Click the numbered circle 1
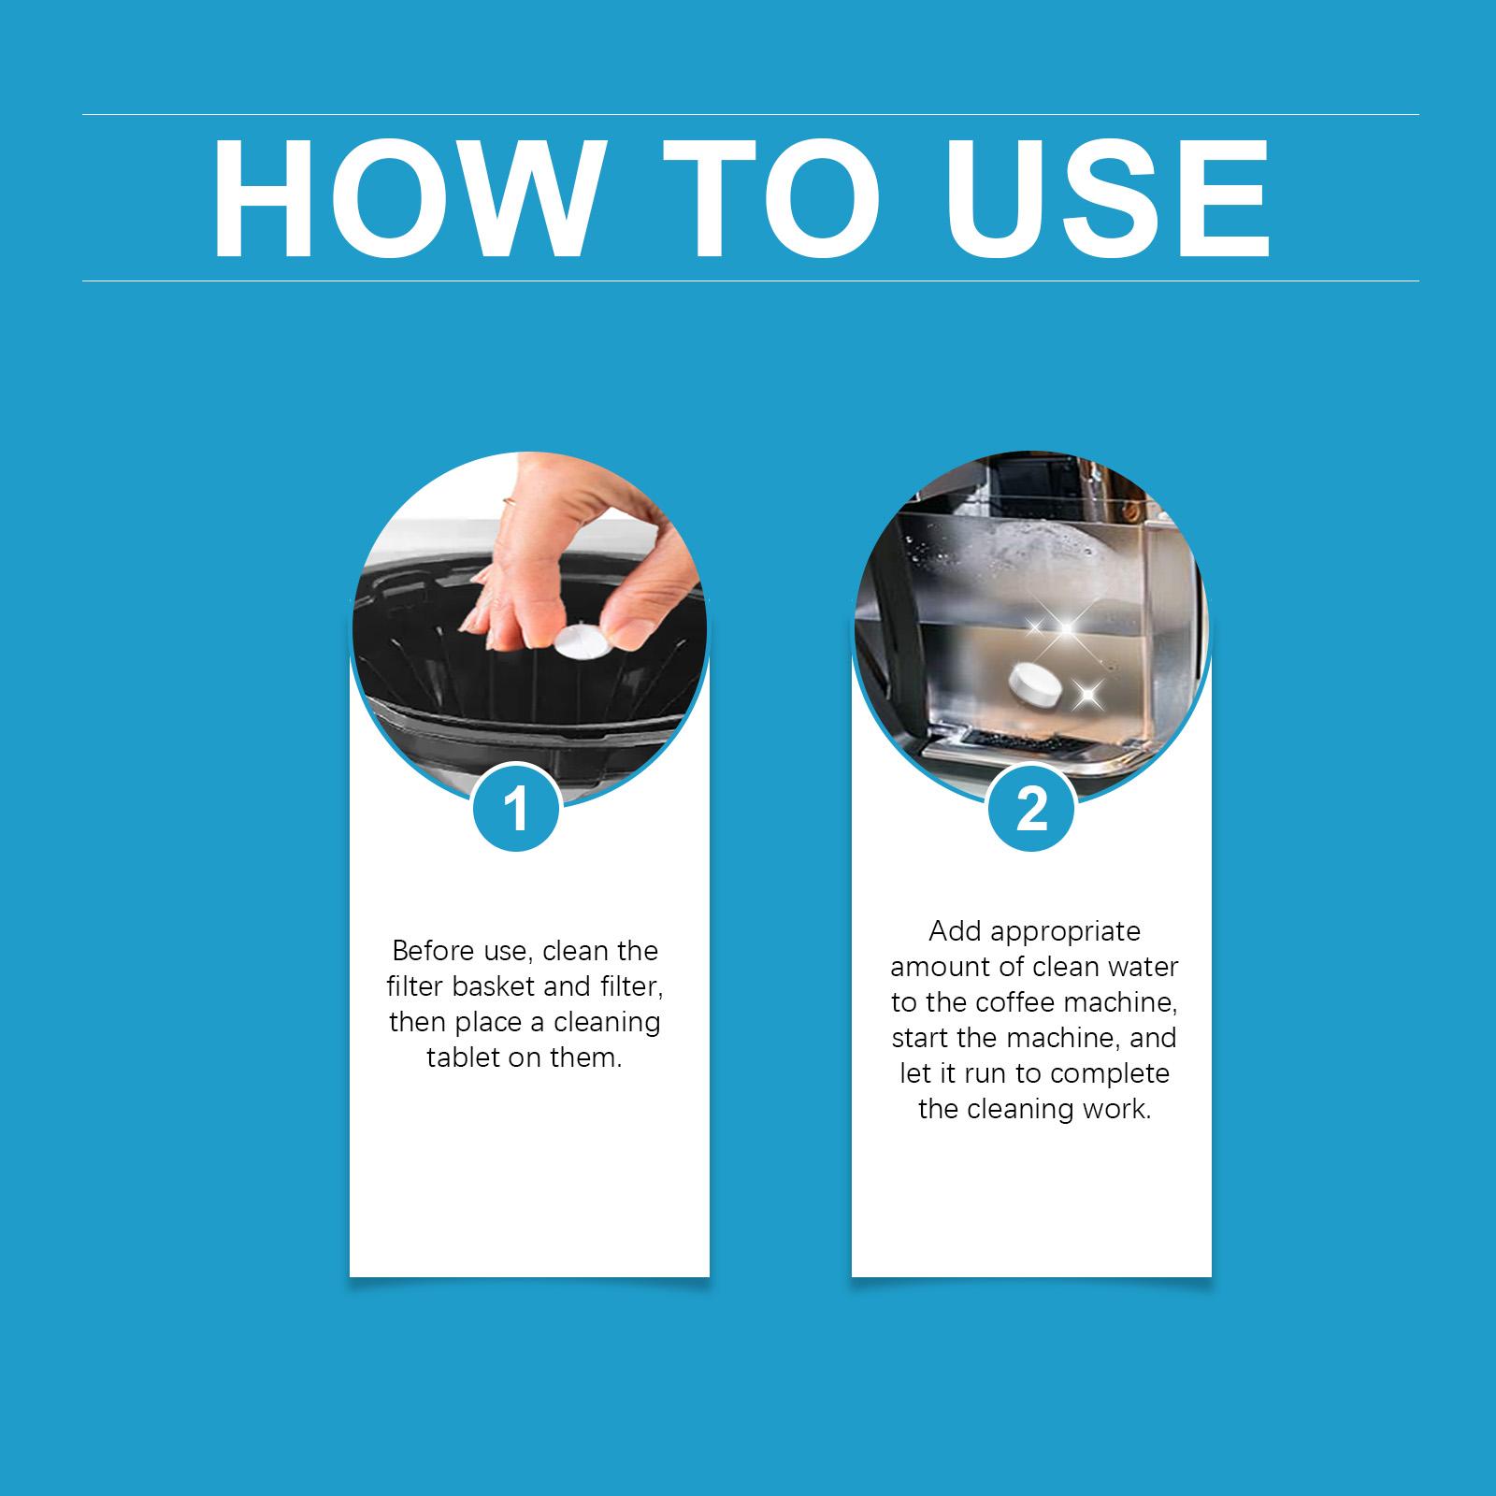pyautogui.click(x=516, y=809)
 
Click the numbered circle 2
pyautogui.click(x=1031, y=809)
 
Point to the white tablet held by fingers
pyautogui.click(x=581, y=643)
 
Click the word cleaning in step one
pyautogui.click(x=607, y=1022)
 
